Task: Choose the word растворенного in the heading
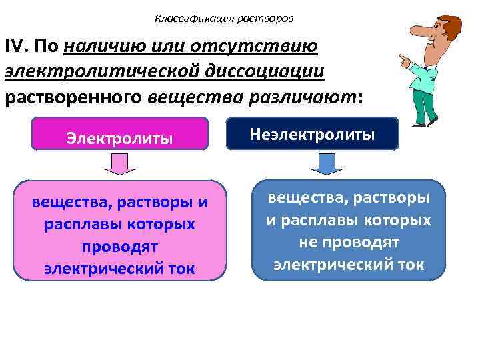[x=73, y=97]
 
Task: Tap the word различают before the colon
[x=303, y=97]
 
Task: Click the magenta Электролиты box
[x=120, y=138]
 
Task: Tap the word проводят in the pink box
[x=120, y=247]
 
